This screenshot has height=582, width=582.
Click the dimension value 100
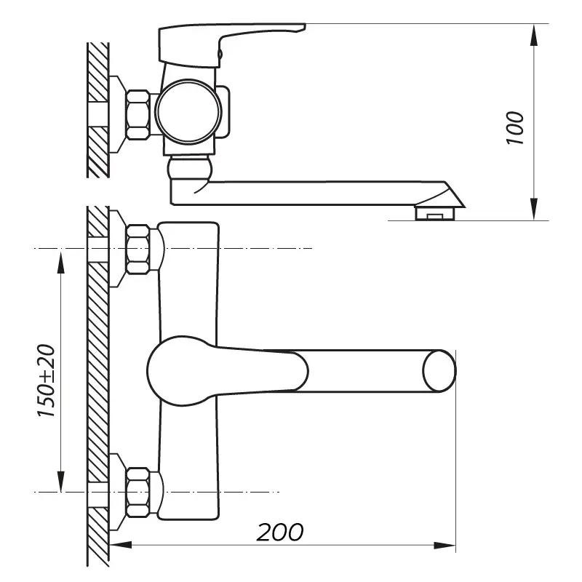pyautogui.click(x=515, y=127)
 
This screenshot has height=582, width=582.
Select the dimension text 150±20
pyautogui.click(x=46, y=380)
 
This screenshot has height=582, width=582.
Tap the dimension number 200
pyautogui.click(x=280, y=532)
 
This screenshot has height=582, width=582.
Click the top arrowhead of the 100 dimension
pyautogui.click(x=535, y=31)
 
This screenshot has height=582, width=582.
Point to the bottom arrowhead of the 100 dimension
pyautogui.click(x=535, y=212)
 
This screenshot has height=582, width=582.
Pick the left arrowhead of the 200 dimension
pyautogui.click(x=121, y=544)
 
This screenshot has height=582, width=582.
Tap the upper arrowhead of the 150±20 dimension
pyautogui.click(x=60, y=255)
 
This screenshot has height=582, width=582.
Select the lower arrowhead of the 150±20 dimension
pyautogui.click(x=60, y=486)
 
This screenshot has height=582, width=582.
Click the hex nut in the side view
pyautogui.click(x=138, y=114)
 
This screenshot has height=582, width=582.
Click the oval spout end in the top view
pyautogui.click(x=439, y=370)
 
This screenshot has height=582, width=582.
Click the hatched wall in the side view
pyautogui.click(x=97, y=109)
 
